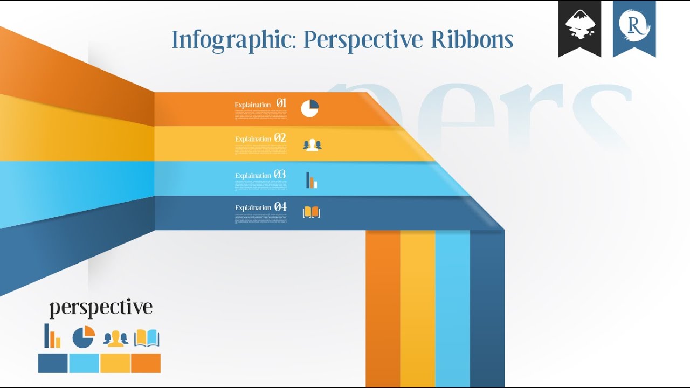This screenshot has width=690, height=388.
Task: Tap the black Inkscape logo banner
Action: pyautogui.click(x=579, y=27)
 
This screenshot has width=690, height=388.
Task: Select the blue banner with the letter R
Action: pyautogui.click(x=634, y=27)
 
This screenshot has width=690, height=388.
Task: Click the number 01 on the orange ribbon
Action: pyautogui.click(x=281, y=103)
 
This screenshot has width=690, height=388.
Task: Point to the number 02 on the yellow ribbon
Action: pyautogui.click(x=280, y=138)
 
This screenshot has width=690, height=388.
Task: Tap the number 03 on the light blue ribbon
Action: pyautogui.click(x=280, y=175)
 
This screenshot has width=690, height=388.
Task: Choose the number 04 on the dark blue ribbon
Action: pyautogui.click(x=280, y=207)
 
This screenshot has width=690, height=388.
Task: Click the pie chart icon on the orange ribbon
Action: pyautogui.click(x=310, y=108)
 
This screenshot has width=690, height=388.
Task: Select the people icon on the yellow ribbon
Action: pyautogui.click(x=312, y=144)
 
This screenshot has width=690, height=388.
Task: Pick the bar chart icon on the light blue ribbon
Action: pyautogui.click(x=311, y=180)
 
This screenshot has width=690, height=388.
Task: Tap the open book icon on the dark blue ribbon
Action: pyautogui.click(x=311, y=212)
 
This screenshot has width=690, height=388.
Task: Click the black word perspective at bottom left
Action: pyautogui.click(x=101, y=308)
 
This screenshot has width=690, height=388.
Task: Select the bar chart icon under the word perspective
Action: pyautogui.click(x=52, y=336)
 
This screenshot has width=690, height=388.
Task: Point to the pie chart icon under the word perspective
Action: pyautogui.click(x=84, y=337)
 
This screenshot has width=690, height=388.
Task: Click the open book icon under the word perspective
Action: pyautogui.click(x=147, y=338)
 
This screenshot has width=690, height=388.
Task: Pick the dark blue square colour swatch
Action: pyautogui.click(x=53, y=363)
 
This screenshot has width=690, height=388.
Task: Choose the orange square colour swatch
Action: pyautogui.click(x=146, y=363)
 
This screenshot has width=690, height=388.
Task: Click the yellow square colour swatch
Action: pyautogui.click(x=115, y=363)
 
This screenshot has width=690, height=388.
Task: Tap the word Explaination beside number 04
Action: pyautogui.click(x=253, y=208)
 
